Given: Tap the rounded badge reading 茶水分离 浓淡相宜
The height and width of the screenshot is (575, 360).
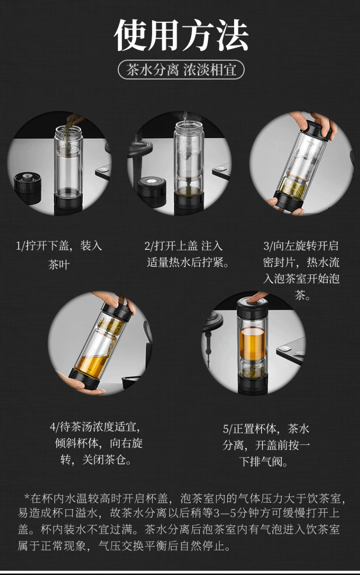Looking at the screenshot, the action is [181, 69].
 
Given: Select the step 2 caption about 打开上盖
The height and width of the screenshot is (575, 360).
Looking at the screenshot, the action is [187, 254].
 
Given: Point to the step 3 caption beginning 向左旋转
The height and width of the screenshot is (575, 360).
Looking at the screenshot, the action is [301, 270].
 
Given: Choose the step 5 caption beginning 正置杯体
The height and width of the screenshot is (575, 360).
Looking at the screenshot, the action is [266, 445].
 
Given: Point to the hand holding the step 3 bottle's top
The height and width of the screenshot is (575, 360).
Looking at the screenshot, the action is [312, 123].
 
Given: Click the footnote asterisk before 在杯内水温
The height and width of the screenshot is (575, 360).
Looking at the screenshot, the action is [27, 497].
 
